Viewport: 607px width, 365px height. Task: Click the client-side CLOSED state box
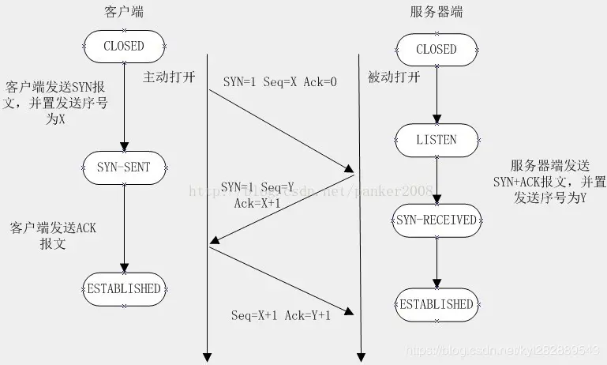tap(124, 46)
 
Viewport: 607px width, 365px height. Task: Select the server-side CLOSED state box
tap(436, 49)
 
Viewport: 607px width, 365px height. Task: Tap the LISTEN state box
tap(436, 140)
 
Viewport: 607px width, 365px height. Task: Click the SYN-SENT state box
tap(124, 167)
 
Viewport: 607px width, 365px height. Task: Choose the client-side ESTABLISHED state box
tap(124, 288)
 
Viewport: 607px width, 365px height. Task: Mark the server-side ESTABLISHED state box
tap(437, 304)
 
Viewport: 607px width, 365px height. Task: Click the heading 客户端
tap(124, 12)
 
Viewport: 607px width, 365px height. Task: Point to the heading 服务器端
tap(437, 12)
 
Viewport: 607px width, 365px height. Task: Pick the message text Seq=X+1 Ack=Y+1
tap(280, 315)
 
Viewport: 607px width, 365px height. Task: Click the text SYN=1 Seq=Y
tap(257, 187)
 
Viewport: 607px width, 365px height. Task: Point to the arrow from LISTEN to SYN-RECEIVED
tap(437, 180)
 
